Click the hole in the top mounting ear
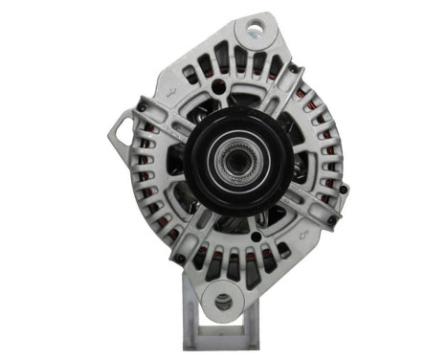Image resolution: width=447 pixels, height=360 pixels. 256,30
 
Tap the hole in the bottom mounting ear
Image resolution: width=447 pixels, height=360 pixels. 223,304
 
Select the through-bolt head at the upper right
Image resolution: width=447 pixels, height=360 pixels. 292,70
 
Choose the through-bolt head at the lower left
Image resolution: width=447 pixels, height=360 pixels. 179,257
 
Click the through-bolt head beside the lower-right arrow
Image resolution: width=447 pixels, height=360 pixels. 331,219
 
